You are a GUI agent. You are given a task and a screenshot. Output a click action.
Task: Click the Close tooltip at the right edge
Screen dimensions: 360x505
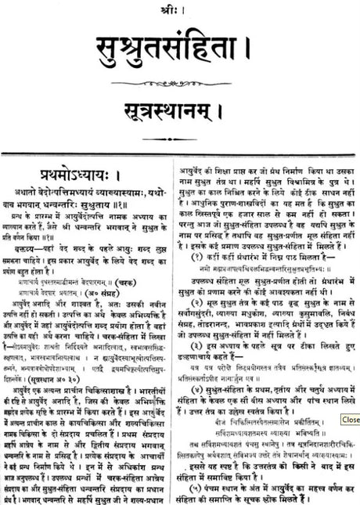point(350,420)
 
